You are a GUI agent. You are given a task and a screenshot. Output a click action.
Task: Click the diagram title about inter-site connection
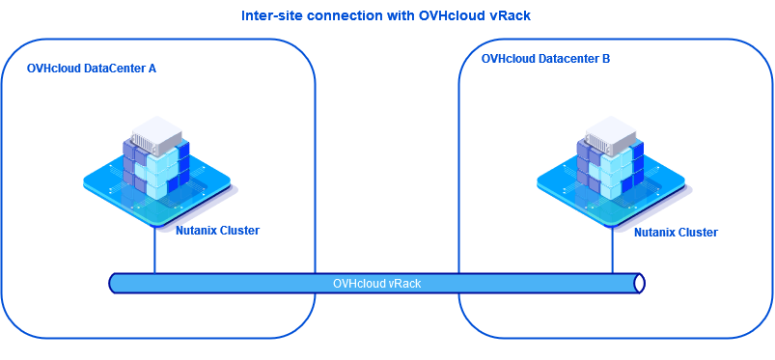click(x=387, y=16)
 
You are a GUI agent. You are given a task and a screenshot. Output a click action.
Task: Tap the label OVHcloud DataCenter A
click(x=92, y=69)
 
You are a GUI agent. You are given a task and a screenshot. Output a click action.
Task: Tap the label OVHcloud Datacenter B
click(x=545, y=59)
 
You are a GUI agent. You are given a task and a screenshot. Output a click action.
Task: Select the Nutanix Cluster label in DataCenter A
click(x=217, y=231)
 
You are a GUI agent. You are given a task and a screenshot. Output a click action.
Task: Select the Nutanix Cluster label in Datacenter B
click(x=676, y=233)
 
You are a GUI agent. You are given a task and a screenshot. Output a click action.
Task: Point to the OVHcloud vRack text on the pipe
click(x=376, y=283)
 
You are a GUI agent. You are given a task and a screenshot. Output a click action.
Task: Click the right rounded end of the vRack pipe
click(x=638, y=283)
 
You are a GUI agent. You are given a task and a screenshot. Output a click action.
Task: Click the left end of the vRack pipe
click(x=114, y=283)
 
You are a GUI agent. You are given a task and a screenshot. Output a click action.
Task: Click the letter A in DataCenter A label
click(x=152, y=69)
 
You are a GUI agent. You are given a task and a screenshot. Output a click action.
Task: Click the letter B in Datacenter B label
click(x=605, y=59)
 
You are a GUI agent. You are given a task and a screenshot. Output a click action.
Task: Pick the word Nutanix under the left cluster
click(x=196, y=231)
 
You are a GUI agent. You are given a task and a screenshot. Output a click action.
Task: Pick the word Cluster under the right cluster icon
click(x=698, y=233)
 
